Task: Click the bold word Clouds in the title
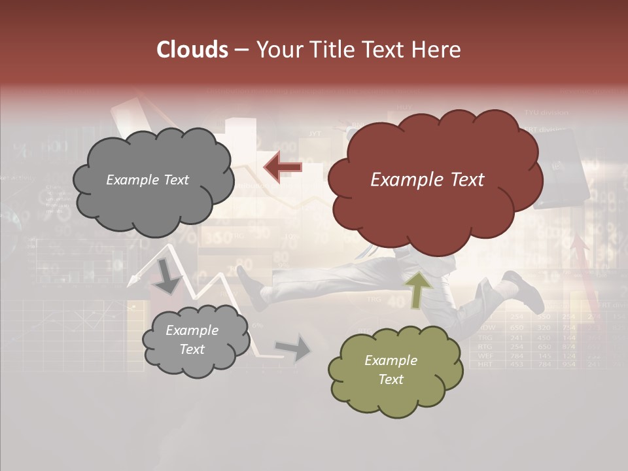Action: pyautogui.click(x=192, y=50)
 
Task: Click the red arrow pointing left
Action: pyautogui.click(x=283, y=167)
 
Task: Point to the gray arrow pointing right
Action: pyautogui.click(x=294, y=348)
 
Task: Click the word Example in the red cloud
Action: pyautogui.click(x=400, y=180)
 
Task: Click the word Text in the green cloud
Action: pyautogui.click(x=391, y=379)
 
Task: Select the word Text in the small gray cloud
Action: pyautogui.click(x=192, y=349)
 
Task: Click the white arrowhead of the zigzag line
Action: pyautogui.click(x=133, y=279)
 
